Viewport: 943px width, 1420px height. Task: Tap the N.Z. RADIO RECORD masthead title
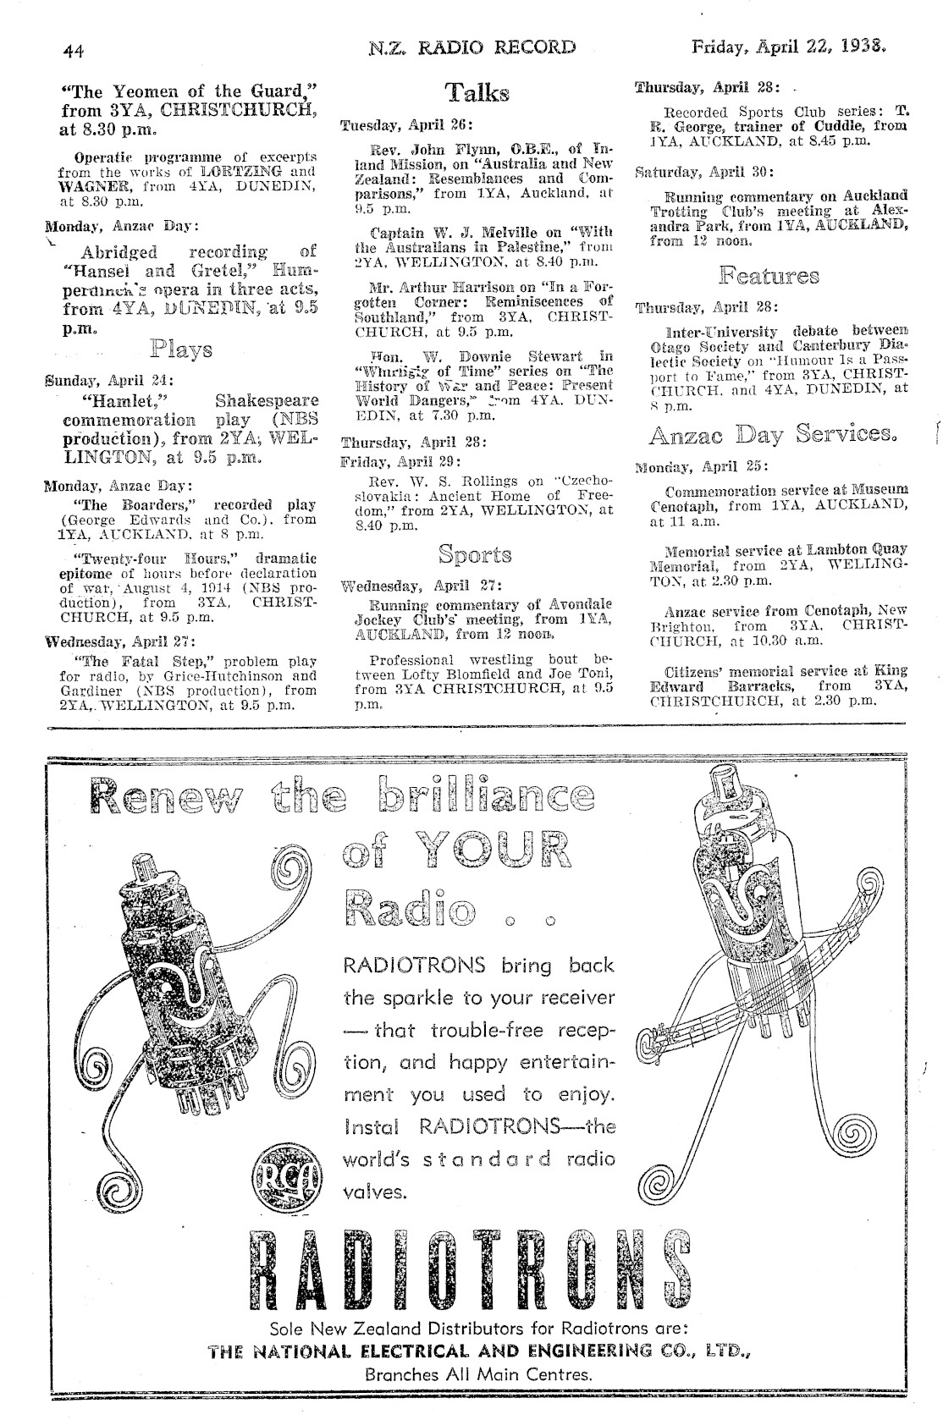pos(472,47)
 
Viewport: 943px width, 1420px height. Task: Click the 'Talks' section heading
pos(477,93)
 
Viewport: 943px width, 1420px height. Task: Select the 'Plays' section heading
pos(181,349)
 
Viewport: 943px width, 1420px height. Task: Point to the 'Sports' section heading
pos(475,555)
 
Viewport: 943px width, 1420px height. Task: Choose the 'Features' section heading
pos(769,276)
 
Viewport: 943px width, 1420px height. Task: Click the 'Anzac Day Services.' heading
pos(771,435)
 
